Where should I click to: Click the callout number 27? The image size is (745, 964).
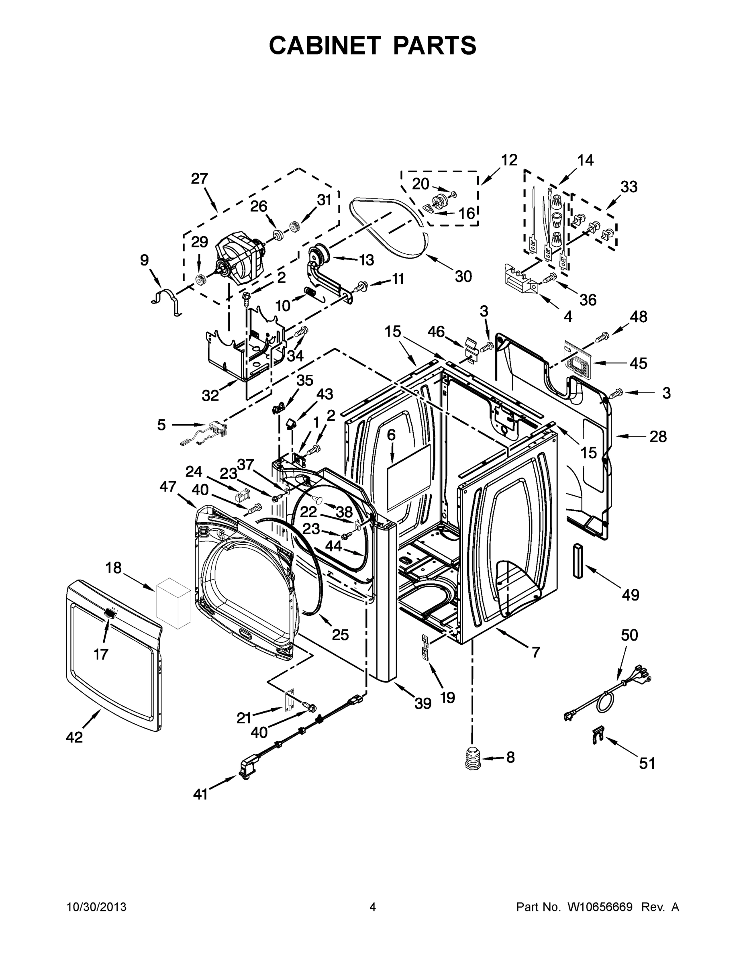coord(200,179)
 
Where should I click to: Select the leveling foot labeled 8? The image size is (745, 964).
coord(473,758)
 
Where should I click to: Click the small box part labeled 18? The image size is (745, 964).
coord(174,603)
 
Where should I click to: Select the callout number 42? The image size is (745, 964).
coord(74,737)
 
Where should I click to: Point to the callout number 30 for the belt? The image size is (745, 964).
coord(463,277)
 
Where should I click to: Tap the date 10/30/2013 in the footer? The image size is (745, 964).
coord(96,907)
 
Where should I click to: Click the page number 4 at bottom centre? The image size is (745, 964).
coord(372,907)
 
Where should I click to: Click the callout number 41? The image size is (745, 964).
coord(200,794)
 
